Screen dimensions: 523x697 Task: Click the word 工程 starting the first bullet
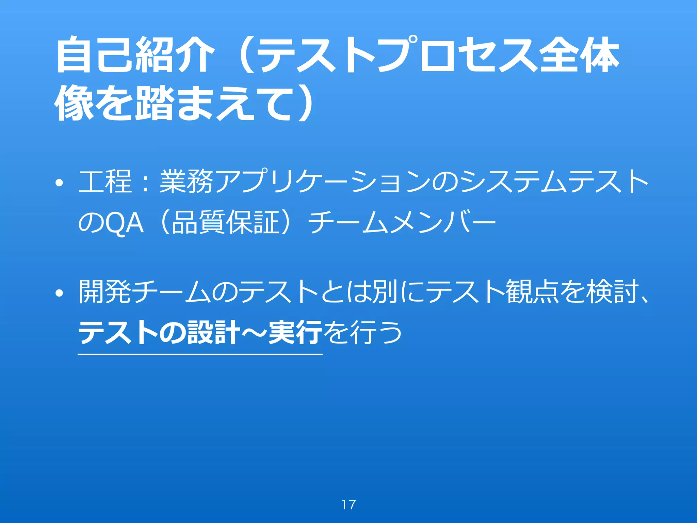click(105, 182)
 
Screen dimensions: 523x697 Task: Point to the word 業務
click(186, 182)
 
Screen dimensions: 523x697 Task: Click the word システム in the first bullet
click(514, 182)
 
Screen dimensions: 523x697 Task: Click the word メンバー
click(442, 223)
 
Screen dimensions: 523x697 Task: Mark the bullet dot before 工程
click(60, 184)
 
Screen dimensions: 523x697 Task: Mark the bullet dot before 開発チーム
click(60, 293)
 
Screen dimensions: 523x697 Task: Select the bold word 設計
click(214, 332)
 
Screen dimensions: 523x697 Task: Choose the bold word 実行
click(295, 332)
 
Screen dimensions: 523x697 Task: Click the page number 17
click(348, 505)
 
